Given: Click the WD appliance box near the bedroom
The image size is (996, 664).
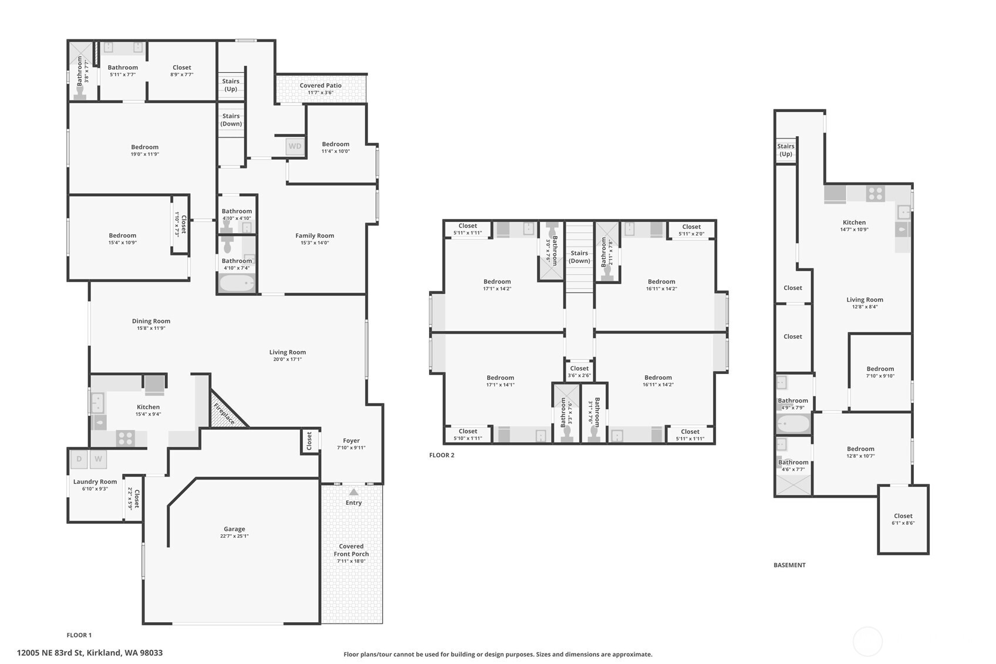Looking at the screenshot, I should tap(295, 146).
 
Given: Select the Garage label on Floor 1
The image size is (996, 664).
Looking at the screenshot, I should tap(234, 529).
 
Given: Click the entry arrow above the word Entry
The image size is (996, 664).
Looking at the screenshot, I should tap(353, 492).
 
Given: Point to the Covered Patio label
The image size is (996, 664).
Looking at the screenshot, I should tap(320, 86).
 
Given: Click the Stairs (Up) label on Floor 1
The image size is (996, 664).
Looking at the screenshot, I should tap(231, 85).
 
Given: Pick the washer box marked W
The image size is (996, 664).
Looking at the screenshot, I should tap(99, 459).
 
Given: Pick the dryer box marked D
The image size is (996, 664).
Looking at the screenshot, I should tap(79, 459).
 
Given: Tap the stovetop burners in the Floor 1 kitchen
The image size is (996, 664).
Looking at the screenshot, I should tap(125, 438).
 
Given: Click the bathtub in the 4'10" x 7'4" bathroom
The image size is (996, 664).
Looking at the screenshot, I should tap(237, 284).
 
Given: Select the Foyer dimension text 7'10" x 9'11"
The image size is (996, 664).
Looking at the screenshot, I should tap(351, 448).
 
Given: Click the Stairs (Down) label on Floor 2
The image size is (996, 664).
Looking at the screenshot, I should tap(579, 257).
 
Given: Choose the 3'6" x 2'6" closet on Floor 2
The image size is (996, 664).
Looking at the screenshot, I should tap(579, 372).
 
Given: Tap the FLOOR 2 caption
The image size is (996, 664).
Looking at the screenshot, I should tap(441, 455).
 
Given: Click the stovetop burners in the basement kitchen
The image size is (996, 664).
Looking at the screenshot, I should tap(875, 194).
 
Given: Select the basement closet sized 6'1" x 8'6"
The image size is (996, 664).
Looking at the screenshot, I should tap(903, 520).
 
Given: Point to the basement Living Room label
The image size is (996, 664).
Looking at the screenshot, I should tap(865, 300).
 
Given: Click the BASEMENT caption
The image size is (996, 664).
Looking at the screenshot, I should tap(789, 565).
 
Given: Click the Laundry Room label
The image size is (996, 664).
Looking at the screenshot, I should tap(95, 482).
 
